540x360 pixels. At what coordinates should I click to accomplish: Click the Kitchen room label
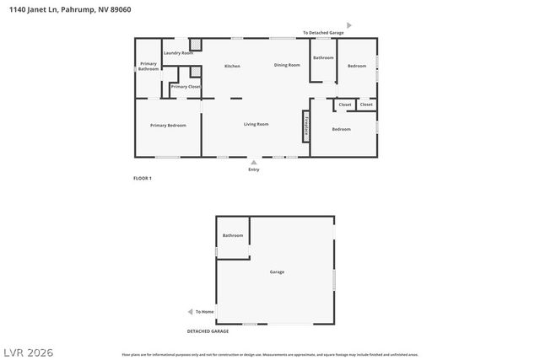pyautogui.click(x=232, y=66)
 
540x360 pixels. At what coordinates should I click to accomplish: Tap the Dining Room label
pyautogui.click(x=287, y=65)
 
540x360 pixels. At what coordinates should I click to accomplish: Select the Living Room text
pyautogui.click(x=256, y=124)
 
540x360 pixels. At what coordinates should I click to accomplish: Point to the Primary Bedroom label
pyautogui.click(x=168, y=125)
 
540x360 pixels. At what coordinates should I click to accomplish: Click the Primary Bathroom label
pyautogui.click(x=148, y=66)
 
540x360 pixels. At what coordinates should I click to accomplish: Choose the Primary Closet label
pyautogui.click(x=186, y=87)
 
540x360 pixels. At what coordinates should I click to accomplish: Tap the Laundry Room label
pyautogui.click(x=178, y=53)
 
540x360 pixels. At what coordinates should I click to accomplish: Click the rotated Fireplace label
pyautogui.click(x=305, y=126)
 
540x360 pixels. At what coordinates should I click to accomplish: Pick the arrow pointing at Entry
pyautogui.click(x=254, y=161)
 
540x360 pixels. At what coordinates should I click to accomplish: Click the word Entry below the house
pyautogui.click(x=254, y=169)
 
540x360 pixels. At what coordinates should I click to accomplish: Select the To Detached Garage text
pyautogui.click(x=323, y=33)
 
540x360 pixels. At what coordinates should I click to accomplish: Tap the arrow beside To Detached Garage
pyautogui.click(x=349, y=26)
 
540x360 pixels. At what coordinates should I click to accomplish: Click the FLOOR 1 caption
pyautogui.click(x=143, y=178)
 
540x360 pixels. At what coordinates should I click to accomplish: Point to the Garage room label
pyautogui.click(x=277, y=271)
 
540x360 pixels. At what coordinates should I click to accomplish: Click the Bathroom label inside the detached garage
pyautogui.click(x=233, y=235)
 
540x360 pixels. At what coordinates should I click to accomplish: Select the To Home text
pyautogui.click(x=205, y=311)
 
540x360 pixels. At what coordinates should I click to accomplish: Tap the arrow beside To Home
pyautogui.click(x=190, y=311)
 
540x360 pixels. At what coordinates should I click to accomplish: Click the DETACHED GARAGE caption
pyautogui.click(x=208, y=331)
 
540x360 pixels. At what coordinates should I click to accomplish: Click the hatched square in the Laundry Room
pyautogui.click(x=195, y=44)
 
